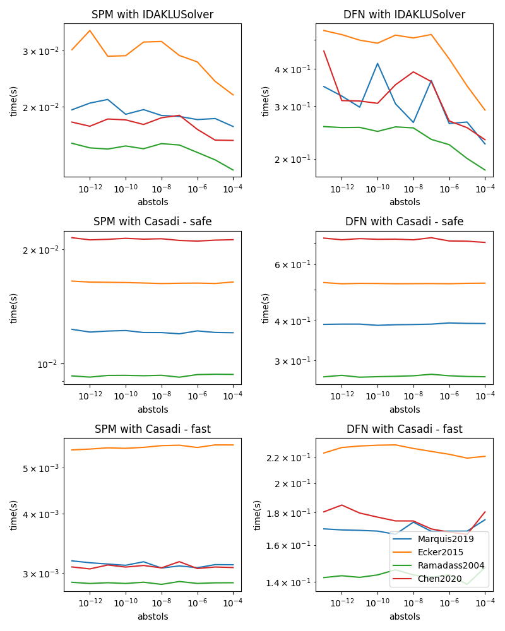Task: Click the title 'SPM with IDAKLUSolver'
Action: coord(152,15)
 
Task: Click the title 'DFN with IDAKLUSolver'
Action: coord(404,15)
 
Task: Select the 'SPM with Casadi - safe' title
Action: coord(152,221)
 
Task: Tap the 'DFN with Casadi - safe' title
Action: coord(404,221)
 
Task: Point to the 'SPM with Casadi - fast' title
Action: coord(152,429)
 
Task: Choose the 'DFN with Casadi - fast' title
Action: coord(404,429)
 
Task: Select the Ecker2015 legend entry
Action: coord(441,552)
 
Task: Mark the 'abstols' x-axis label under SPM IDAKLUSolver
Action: coord(152,202)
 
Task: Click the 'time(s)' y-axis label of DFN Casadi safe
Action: coord(266,308)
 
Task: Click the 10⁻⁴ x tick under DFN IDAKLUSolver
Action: coord(484,189)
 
